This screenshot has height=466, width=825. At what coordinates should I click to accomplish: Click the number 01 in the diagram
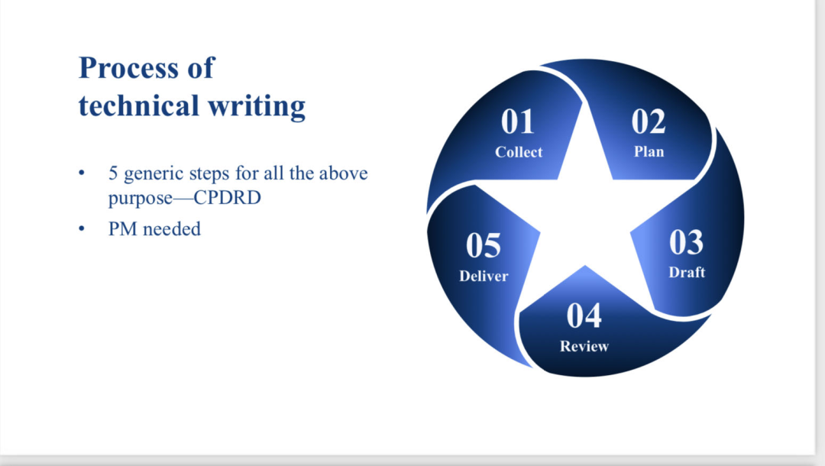pyautogui.click(x=518, y=121)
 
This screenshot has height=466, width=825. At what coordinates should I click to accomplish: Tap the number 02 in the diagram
pyautogui.click(x=649, y=121)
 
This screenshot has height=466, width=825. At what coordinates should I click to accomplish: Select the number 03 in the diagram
pyautogui.click(x=686, y=242)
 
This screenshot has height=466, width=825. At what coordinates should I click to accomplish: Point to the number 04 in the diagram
pyautogui.click(x=584, y=316)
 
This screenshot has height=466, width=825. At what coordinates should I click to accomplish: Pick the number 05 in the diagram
pyautogui.click(x=483, y=245)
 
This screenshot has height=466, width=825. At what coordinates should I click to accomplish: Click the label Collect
pyautogui.click(x=518, y=152)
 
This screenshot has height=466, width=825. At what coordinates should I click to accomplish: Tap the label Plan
pyautogui.click(x=649, y=151)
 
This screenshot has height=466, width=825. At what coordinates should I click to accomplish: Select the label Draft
pyautogui.click(x=687, y=272)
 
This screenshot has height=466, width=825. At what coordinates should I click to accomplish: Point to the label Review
pyautogui.click(x=584, y=346)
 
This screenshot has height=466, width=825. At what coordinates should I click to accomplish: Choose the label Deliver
pyautogui.click(x=484, y=276)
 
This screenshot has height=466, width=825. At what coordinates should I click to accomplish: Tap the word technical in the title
pyautogui.click(x=138, y=105)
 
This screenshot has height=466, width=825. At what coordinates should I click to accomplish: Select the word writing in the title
pyautogui.click(x=257, y=107)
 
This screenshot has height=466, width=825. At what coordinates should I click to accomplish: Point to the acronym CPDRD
pyautogui.click(x=228, y=198)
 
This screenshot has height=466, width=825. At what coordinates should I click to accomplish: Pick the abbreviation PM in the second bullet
pyautogui.click(x=122, y=228)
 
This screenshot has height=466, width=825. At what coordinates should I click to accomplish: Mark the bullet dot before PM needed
pyautogui.click(x=82, y=228)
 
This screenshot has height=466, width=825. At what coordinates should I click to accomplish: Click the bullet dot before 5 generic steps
pyautogui.click(x=82, y=173)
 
